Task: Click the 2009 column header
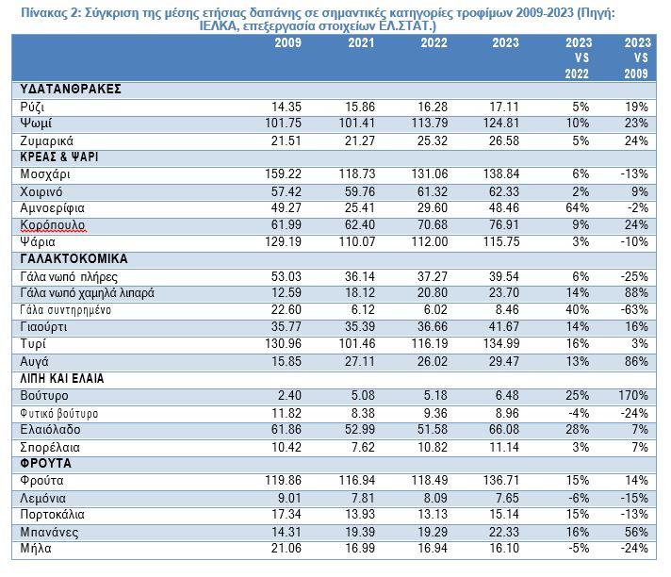point(288,42)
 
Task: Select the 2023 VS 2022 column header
point(578,58)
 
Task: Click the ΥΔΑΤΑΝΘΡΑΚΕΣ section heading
point(71,89)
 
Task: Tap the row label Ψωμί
point(36,124)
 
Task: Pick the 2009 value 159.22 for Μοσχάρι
point(283,173)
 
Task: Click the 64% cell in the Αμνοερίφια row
point(578,208)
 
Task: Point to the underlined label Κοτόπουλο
point(53,225)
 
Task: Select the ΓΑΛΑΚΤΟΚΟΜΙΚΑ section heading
point(74,258)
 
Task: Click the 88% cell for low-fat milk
point(636,293)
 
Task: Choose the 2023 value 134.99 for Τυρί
point(501,343)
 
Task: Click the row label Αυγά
point(34,362)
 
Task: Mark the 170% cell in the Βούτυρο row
point(633,395)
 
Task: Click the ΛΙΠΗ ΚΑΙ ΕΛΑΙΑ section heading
point(62,378)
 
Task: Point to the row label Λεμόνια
point(42,498)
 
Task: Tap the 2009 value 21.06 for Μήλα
point(286,548)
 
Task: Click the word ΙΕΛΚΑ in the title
point(218,26)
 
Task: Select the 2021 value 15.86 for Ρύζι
point(360,107)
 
